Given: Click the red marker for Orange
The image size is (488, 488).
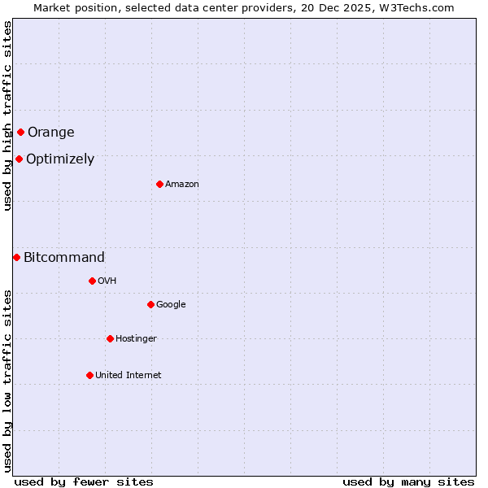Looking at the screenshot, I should (20, 132).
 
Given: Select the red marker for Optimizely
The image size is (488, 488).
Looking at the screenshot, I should (19, 159).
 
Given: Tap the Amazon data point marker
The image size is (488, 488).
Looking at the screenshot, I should (159, 184).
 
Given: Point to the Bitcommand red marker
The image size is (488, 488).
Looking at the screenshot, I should (16, 257).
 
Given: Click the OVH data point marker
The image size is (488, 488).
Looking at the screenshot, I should (92, 281).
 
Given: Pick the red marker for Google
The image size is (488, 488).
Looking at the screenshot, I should (150, 304).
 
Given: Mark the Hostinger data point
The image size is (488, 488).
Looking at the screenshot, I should (110, 338).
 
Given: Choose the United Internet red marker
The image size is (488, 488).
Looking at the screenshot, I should (89, 375).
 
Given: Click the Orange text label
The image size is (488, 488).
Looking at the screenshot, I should (50, 133).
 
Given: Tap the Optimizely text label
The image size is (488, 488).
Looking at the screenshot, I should (60, 159).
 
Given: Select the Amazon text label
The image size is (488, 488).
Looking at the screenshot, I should (182, 185).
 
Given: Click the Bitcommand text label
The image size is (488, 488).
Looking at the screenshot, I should (64, 258).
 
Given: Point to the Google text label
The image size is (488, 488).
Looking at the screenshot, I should (171, 305).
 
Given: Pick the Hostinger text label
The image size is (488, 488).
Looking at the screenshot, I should (136, 339).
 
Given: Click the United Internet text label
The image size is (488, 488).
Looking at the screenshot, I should (129, 376).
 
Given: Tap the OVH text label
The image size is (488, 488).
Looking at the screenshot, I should (107, 281).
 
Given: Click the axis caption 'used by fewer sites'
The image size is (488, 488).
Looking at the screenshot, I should (84, 482).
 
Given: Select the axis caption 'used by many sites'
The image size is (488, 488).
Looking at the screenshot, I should (408, 482).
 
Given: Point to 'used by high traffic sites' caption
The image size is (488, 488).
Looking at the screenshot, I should (7, 115).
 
